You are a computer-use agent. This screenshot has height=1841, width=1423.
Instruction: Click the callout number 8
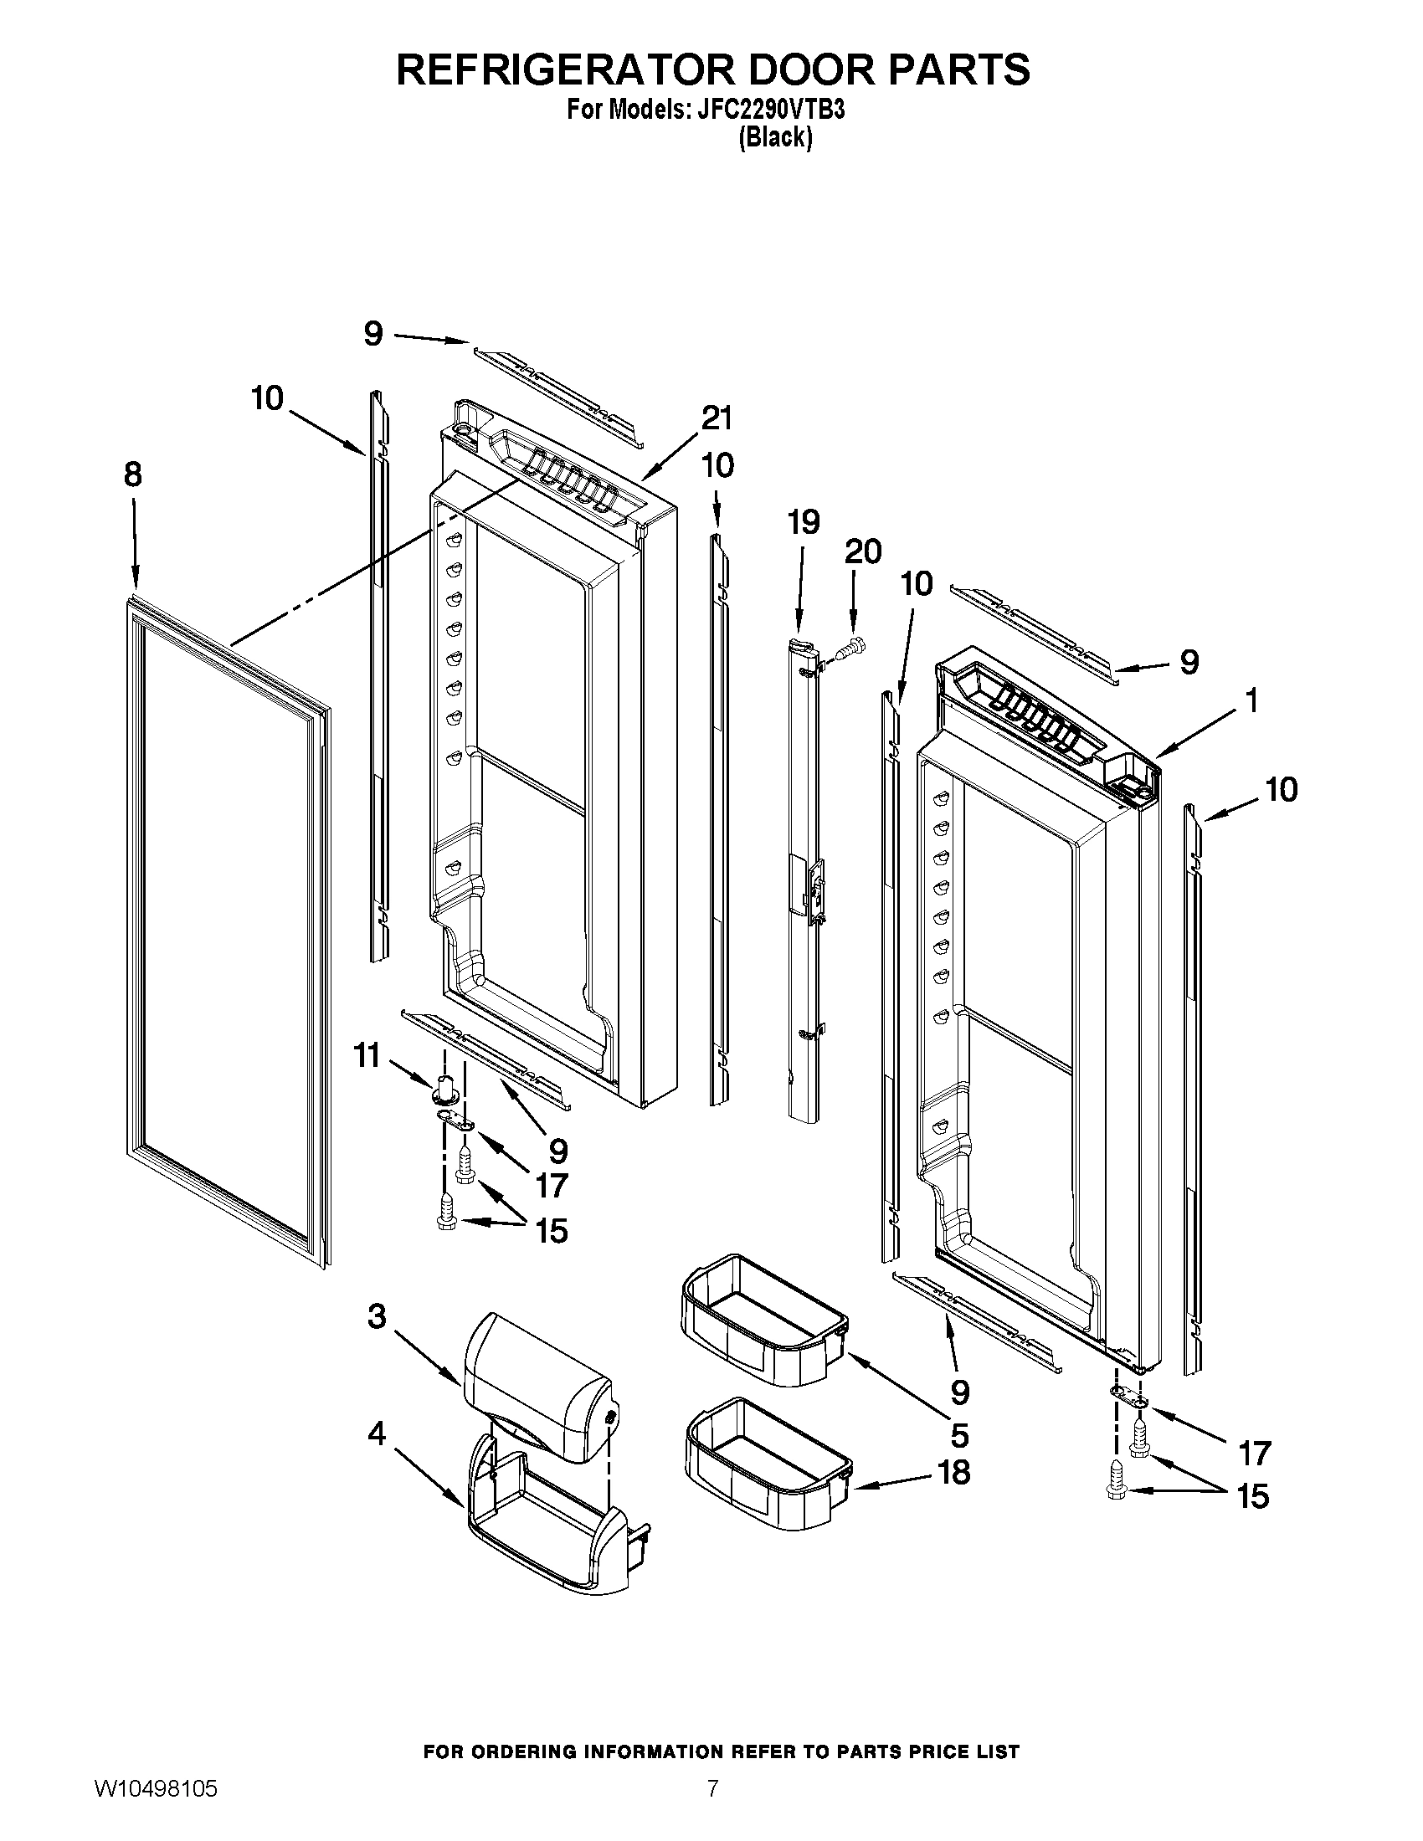click(x=133, y=475)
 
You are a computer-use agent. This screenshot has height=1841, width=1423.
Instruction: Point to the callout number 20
click(x=862, y=551)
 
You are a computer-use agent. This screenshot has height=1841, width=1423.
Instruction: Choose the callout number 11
click(x=367, y=1055)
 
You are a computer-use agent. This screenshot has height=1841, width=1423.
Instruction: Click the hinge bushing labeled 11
click(x=447, y=1089)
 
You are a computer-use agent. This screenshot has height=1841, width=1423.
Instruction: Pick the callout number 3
click(x=377, y=1315)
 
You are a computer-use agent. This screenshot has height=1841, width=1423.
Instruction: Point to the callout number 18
click(x=953, y=1473)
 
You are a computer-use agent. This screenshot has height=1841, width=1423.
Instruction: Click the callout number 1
click(x=1252, y=700)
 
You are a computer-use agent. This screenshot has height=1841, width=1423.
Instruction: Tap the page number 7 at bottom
click(x=712, y=1807)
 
